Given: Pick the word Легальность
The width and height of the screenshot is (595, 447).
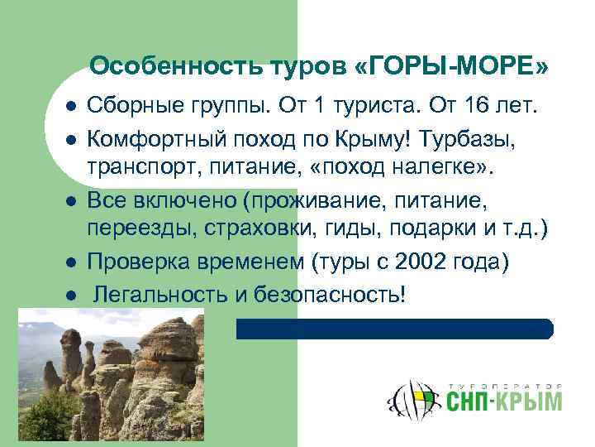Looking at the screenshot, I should (x=162, y=294).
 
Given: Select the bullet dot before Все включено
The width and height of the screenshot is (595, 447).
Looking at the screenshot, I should (x=72, y=201).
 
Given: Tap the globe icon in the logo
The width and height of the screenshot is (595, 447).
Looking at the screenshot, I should (x=412, y=401).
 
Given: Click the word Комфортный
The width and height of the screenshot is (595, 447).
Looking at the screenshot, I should (x=150, y=136).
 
